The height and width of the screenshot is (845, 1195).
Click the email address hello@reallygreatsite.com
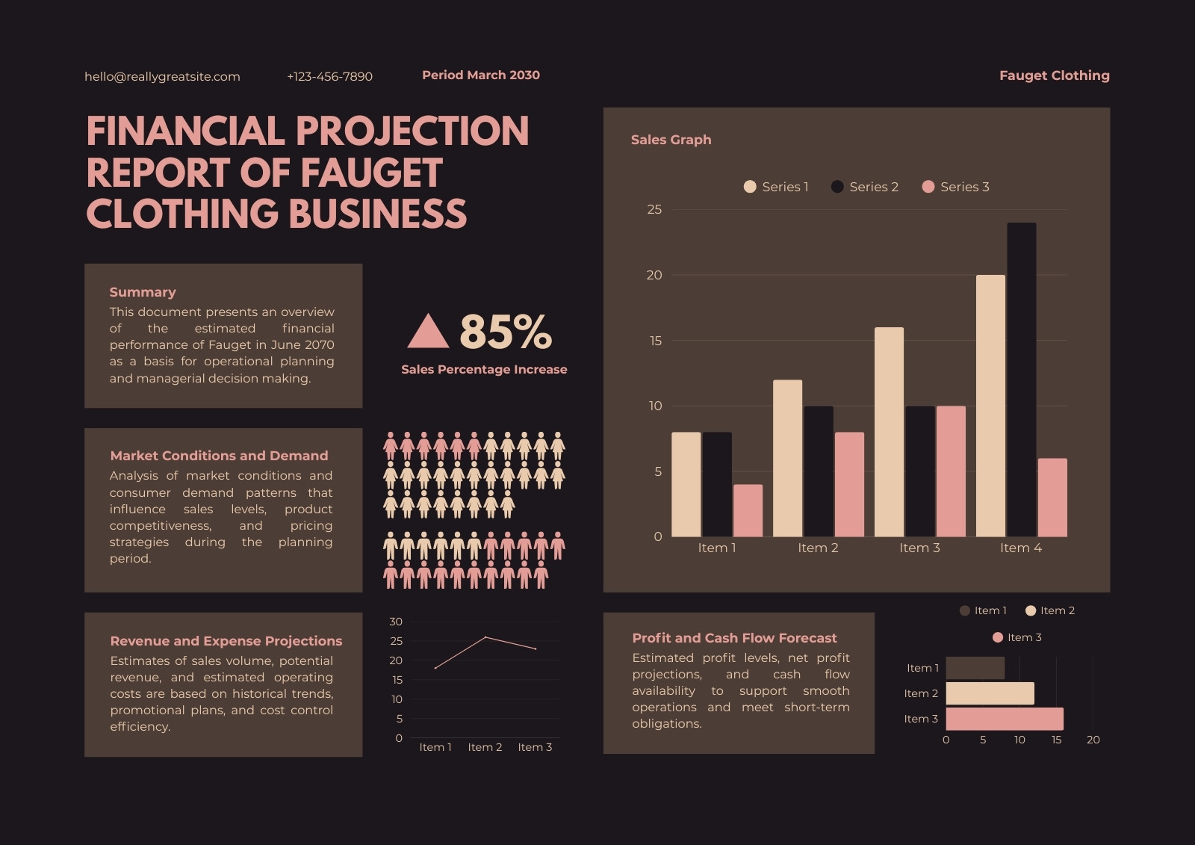162,77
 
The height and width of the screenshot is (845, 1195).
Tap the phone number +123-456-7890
329,76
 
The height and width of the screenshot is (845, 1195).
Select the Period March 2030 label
481,75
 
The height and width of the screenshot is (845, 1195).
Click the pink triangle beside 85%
428,331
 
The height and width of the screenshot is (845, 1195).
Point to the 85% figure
505,332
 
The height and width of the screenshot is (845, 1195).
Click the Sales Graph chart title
671,140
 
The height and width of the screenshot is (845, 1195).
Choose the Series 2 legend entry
865,187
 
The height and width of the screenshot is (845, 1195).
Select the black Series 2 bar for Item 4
1022,380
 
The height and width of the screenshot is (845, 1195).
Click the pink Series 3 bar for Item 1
748,510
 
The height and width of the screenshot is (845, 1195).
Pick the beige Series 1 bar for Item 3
890,432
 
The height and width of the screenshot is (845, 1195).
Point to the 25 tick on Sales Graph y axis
654,209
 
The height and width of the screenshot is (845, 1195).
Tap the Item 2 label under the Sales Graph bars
818,548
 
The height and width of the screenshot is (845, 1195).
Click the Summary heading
143,292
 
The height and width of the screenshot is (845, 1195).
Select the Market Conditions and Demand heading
219,456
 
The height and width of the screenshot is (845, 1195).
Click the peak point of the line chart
485,637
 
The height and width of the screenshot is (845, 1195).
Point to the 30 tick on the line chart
396,622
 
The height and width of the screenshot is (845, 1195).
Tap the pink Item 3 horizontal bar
1005,719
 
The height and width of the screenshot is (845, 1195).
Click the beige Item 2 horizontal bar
990,693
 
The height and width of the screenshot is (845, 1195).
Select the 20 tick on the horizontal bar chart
1093,740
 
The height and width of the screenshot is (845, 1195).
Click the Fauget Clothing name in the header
1054,75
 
